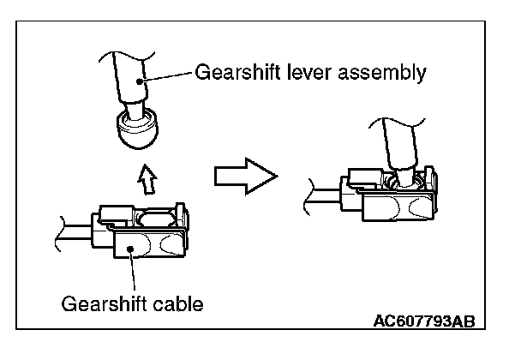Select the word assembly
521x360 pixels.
(382, 73)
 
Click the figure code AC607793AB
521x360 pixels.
(424, 321)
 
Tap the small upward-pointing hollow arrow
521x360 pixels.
(147, 179)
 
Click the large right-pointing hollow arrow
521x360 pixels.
(246, 177)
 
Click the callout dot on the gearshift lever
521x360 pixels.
(140, 81)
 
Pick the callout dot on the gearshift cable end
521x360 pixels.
(131, 249)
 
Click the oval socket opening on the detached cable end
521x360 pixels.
(156, 219)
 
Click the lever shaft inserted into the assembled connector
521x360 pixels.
(400, 147)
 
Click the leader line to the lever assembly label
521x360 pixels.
(166, 76)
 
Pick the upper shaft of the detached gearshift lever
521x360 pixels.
(130, 76)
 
